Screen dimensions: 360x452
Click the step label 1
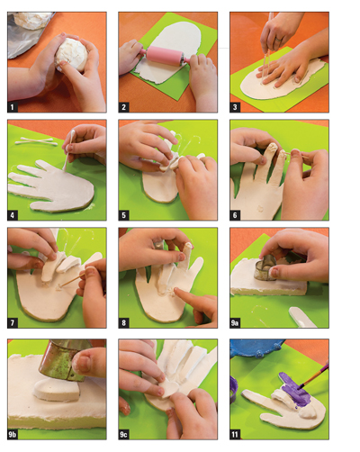[13, 107]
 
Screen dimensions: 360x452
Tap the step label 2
[123, 107]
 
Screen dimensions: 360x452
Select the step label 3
[235, 107]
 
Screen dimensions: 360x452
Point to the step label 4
[13, 215]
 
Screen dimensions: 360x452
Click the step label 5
[123, 215]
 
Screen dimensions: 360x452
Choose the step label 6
[235, 215]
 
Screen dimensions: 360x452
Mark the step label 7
[13, 323]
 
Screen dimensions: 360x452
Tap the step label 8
[123, 323]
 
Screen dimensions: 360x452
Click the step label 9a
[235, 323]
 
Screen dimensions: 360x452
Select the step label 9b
[13, 434]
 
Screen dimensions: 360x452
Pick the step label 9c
[123, 434]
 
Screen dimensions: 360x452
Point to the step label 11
[235, 434]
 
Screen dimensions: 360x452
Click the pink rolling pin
[165, 55]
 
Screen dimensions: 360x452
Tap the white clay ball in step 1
[71, 54]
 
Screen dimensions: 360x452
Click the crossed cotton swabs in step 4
[36, 141]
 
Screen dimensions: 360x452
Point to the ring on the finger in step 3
[279, 39]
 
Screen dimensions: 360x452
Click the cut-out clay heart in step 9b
[57, 390]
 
